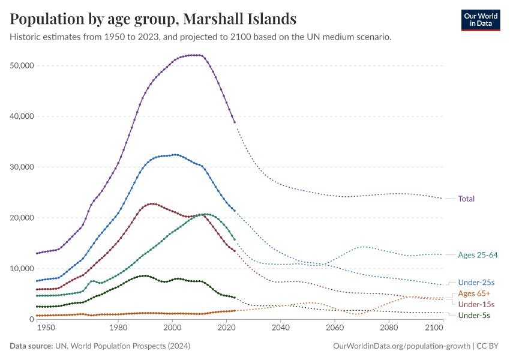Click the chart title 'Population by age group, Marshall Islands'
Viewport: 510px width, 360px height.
click(x=153, y=19)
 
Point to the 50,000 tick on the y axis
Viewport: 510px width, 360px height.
click(x=22, y=65)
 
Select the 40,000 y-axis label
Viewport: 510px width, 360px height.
click(x=22, y=116)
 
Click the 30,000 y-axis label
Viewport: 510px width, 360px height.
click(x=22, y=167)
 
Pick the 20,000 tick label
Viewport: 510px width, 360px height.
click(x=22, y=218)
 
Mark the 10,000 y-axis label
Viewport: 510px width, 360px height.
click(x=22, y=268)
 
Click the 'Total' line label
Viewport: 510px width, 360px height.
click(x=466, y=199)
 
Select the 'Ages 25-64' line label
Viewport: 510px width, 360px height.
click(x=478, y=255)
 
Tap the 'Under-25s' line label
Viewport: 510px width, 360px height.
click(x=476, y=283)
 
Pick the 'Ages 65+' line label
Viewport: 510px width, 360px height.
click(x=474, y=293)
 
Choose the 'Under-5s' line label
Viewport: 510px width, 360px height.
click(x=473, y=316)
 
